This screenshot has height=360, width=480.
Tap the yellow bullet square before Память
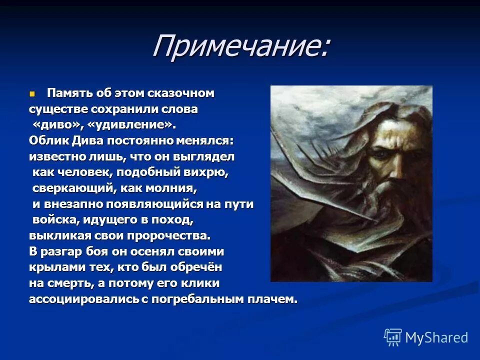(x=33, y=93)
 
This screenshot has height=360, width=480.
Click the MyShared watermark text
(x=436, y=337)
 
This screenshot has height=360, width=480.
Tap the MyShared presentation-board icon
(x=392, y=337)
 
